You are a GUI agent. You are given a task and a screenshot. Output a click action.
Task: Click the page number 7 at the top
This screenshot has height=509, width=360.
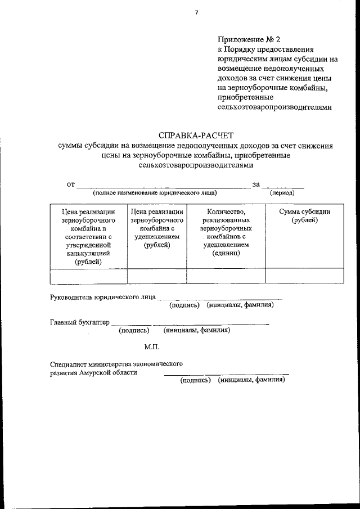(196, 13)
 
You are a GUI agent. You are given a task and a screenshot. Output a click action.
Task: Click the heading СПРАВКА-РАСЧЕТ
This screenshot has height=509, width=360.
(196, 135)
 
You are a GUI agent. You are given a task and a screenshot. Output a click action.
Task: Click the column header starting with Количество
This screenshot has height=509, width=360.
(226, 232)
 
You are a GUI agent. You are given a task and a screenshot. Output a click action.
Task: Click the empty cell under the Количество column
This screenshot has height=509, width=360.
(226, 276)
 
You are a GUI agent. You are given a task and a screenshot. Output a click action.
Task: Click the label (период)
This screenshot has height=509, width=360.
(283, 192)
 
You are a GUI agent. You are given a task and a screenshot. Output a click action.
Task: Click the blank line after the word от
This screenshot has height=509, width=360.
(163, 185)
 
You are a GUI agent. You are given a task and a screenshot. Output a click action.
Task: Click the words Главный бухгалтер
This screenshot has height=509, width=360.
(79, 322)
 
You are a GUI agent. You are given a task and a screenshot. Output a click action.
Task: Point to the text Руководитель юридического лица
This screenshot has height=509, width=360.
(102, 297)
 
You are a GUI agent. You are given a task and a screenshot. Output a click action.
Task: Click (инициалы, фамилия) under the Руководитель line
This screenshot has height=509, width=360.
(240, 305)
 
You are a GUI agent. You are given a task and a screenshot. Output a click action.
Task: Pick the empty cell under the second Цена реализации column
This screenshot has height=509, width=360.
(157, 276)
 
